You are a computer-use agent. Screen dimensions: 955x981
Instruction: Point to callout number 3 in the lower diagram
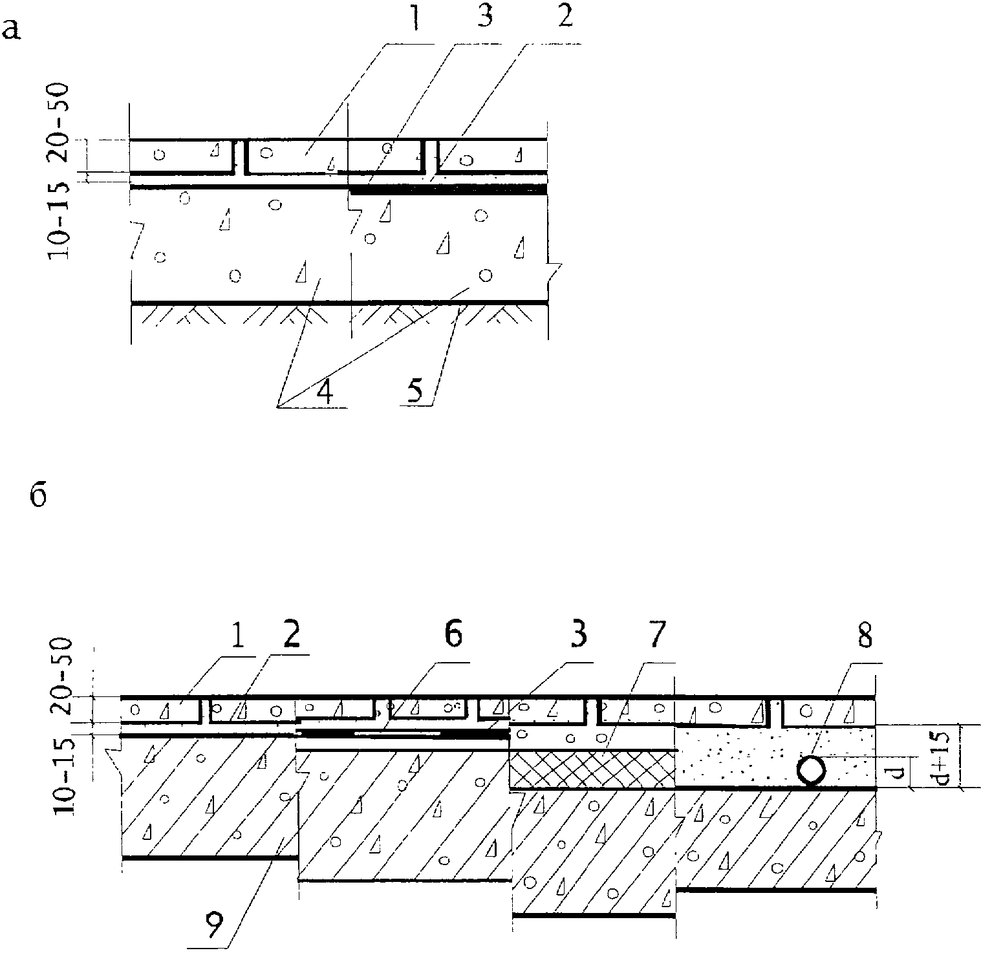tap(578, 636)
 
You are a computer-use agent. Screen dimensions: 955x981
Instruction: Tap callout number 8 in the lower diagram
tap(864, 637)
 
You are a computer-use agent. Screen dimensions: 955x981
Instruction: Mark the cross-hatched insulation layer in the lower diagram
tap(592, 769)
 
